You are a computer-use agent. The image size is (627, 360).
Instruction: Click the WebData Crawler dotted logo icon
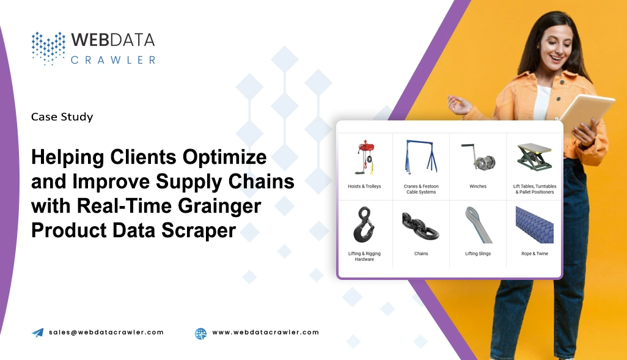click(x=48, y=48)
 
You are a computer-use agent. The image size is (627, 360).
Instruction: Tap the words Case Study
click(x=62, y=117)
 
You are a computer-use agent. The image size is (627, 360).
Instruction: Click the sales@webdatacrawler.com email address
click(x=106, y=332)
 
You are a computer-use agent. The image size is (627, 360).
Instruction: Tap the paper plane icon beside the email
click(x=38, y=332)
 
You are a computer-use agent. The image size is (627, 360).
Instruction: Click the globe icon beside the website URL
click(x=200, y=333)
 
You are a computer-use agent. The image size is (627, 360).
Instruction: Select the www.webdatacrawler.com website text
click(x=265, y=332)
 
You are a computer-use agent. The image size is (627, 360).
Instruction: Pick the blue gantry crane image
click(x=420, y=158)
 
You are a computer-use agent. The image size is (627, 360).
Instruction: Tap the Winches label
click(x=478, y=186)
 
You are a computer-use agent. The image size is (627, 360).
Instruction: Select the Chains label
click(x=421, y=254)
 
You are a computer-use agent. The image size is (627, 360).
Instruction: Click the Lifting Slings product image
click(x=477, y=224)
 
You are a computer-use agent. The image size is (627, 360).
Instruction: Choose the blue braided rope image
click(x=533, y=224)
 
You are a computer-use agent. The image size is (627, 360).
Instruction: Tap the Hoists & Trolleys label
click(x=364, y=186)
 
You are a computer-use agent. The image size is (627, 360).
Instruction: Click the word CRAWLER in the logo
click(x=113, y=60)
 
